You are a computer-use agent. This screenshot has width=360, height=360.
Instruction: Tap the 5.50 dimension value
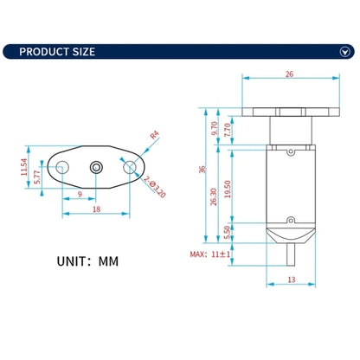pos(228,232)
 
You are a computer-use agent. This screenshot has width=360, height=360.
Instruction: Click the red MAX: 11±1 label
pos(209,254)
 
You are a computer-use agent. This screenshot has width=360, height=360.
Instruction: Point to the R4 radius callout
pos(153,135)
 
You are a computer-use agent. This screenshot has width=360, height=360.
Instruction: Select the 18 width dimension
pos(96,209)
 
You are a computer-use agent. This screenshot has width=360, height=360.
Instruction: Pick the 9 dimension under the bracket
pos(80,195)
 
